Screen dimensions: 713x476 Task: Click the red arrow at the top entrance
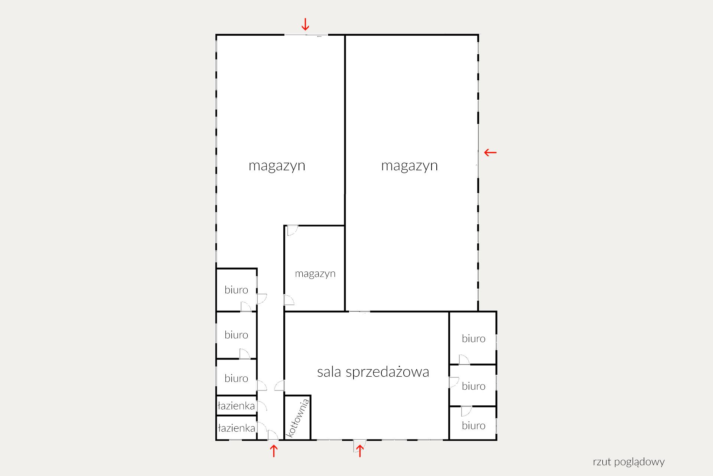(x=305, y=24)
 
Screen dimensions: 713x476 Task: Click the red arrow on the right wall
(x=490, y=152)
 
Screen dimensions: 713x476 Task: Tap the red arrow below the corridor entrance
(x=273, y=451)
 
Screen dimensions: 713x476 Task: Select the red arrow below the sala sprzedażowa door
(x=359, y=451)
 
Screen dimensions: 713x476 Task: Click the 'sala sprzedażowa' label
(x=373, y=372)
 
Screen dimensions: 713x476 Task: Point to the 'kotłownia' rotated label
(x=297, y=418)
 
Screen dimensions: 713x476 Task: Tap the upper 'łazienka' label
(x=236, y=405)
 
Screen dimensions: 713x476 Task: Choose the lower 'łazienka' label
(x=236, y=428)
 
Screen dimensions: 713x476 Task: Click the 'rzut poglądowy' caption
(x=629, y=462)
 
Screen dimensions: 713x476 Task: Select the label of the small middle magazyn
(x=315, y=274)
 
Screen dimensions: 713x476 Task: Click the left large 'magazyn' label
(x=277, y=165)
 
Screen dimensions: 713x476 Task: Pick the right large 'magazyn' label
(x=409, y=165)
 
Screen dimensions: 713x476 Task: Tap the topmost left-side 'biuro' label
(x=236, y=290)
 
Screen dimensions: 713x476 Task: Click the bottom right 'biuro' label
(x=473, y=425)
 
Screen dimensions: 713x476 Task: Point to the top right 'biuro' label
(x=473, y=338)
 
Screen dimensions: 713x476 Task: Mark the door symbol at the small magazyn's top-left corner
(x=292, y=230)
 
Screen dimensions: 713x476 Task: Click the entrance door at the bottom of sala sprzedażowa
(x=359, y=445)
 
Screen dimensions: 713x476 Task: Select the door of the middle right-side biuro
(x=454, y=382)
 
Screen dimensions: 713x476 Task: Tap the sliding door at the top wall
(x=306, y=35)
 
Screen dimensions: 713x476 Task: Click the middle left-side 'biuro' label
(x=236, y=335)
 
